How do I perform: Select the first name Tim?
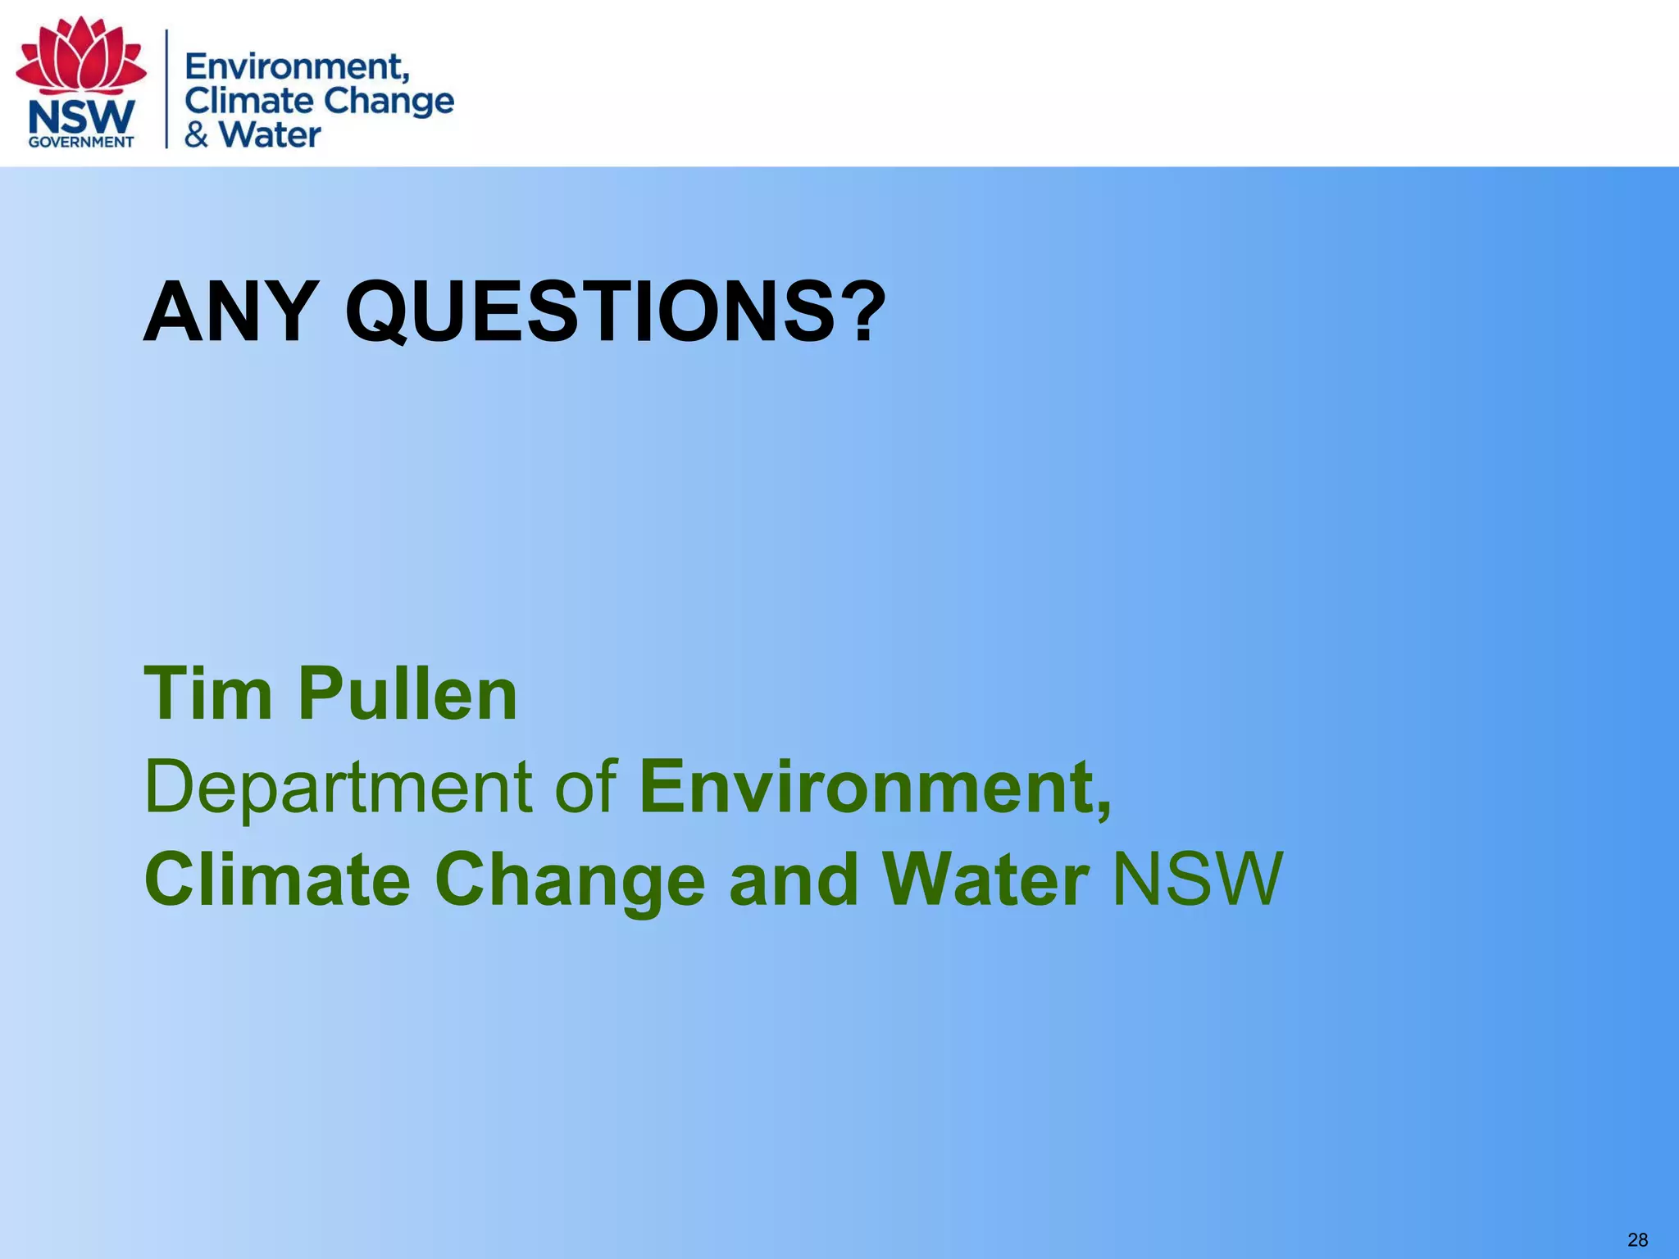tap(207, 693)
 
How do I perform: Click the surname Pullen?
tap(407, 693)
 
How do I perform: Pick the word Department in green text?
tap(339, 789)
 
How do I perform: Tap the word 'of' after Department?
tap(585, 787)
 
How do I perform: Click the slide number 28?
tap(1637, 1239)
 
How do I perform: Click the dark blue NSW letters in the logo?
tap(81, 117)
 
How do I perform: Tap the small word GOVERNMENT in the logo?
tap(81, 142)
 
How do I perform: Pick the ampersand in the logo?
tap(197, 134)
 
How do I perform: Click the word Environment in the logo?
tap(297, 66)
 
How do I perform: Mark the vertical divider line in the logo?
tap(167, 89)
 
